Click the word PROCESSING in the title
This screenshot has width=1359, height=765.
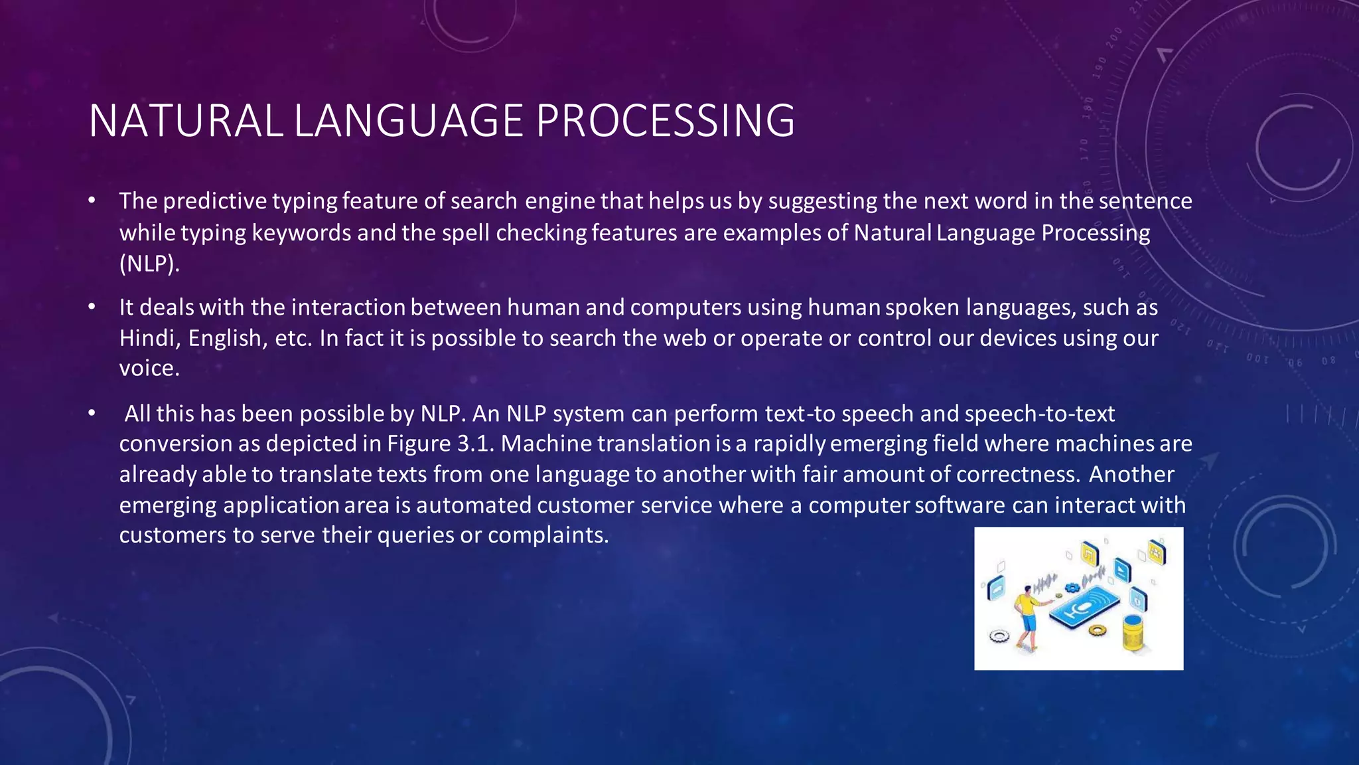(x=665, y=121)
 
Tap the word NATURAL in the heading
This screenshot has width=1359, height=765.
(x=186, y=121)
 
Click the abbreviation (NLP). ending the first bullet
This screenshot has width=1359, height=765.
(x=149, y=264)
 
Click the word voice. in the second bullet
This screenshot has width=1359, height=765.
(x=149, y=369)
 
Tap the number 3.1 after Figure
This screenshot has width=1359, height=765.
(x=476, y=444)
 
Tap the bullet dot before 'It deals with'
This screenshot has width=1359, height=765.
(x=92, y=307)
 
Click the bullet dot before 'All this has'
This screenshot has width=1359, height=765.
(x=92, y=414)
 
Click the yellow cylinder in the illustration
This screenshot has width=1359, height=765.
(x=1133, y=633)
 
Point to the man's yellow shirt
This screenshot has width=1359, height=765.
(x=1027, y=604)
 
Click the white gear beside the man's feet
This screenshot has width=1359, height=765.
(x=999, y=636)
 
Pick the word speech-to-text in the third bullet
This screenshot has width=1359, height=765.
(x=1040, y=414)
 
